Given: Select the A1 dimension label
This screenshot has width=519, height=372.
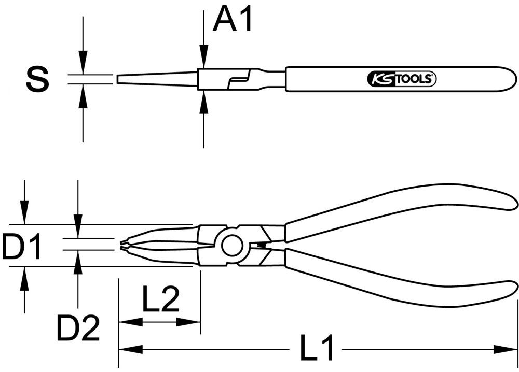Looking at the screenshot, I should pyautogui.click(x=233, y=20).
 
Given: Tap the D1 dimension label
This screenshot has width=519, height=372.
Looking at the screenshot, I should pyautogui.click(x=21, y=247).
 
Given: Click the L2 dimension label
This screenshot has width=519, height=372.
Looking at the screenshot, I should pyautogui.click(x=160, y=299).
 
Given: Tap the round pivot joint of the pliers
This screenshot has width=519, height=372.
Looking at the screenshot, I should pyautogui.click(x=232, y=245).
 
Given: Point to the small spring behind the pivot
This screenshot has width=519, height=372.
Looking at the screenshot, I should pyautogui.click(x=262, y=245).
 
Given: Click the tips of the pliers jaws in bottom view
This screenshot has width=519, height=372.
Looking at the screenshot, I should pyautogui.click(x=123, y=245).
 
